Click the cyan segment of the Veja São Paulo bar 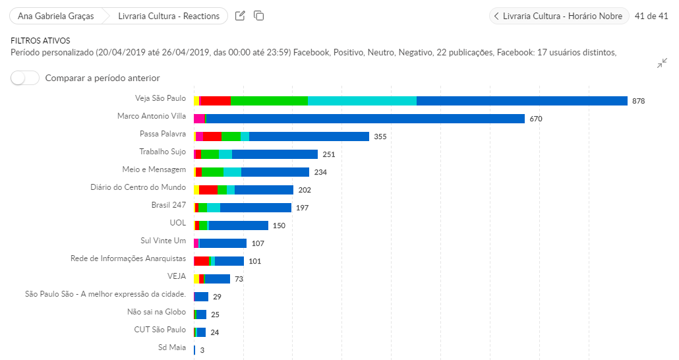tap(362, 101)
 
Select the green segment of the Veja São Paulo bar tap(269, 101)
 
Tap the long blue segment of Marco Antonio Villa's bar tap(365, 119)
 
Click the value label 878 tap(638, 101)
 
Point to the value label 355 tap(380, 136)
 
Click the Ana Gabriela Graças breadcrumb tap(55, 16)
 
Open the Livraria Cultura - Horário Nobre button tap(558, 16)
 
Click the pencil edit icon tap(240, 16)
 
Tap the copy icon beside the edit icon tap(259, 16)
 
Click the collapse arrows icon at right tap(662, 63)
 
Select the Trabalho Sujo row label tap(163, 152)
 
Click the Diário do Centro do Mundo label tap(138, 187)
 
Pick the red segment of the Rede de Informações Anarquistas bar tap(201, 261)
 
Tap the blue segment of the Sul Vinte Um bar tap(223, 243)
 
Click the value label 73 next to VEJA tap(239, 279)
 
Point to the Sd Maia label tap(172, 347)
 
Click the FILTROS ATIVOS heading tap(40, 41)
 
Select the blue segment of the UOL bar tap(239, 225)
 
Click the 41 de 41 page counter tap(651, 16)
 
